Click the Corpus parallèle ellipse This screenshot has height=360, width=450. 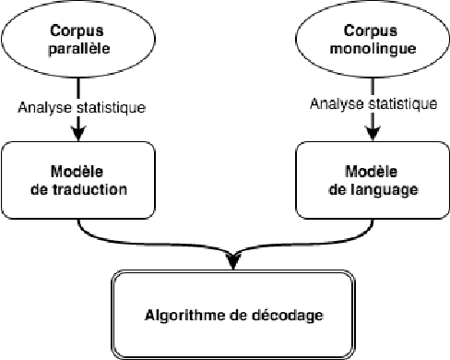(79, 42)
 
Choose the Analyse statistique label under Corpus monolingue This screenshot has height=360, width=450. (373, 104)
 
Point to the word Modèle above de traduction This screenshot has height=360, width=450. (80, 173)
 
